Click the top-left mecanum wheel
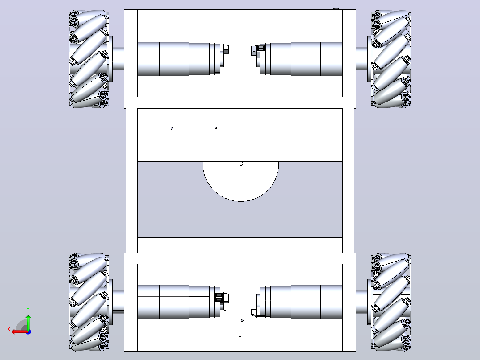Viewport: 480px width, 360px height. click(89, 59)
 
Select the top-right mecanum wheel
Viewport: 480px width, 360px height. click(391, 59)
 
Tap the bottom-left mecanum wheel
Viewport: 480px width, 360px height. click(89, 302)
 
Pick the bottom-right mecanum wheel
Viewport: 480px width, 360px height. click(391, 302)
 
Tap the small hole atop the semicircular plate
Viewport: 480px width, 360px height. click(240, 164)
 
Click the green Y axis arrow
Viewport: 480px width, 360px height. click(28, 322)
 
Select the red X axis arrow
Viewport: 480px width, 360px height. click(20, 332)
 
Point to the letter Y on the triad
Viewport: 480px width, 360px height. click(28, 310)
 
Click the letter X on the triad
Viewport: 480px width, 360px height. click(9, 329)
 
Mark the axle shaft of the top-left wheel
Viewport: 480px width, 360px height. click(118, 59)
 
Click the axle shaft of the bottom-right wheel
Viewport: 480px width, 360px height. click(362, 302)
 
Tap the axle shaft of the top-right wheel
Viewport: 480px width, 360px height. click(362, 59)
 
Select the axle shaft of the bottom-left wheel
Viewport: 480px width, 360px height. click(118, 302)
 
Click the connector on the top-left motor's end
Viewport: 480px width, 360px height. click(225, 49)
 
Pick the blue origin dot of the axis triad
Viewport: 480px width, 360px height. click(28, 332)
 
